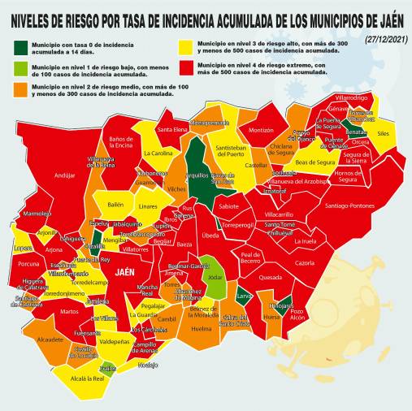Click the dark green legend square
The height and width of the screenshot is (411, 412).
(20, 45)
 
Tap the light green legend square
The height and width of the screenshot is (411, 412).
(20, 67)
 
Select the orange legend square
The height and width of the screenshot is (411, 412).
(20, 89)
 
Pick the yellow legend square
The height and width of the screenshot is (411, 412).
(187, 45)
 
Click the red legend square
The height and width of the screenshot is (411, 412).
(187, 67)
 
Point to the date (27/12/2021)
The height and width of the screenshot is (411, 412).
(385, 39)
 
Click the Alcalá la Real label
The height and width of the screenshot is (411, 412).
(88, 379)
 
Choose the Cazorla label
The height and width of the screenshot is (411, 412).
(304, 263)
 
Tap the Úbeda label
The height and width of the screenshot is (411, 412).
(210, 236)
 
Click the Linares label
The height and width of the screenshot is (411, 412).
(148, 206)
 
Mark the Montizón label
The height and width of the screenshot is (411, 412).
(261, 130)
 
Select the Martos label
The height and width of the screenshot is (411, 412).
(69, 311)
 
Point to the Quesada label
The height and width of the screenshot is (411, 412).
(270, 277)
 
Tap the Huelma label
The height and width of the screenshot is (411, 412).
(201, 330)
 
